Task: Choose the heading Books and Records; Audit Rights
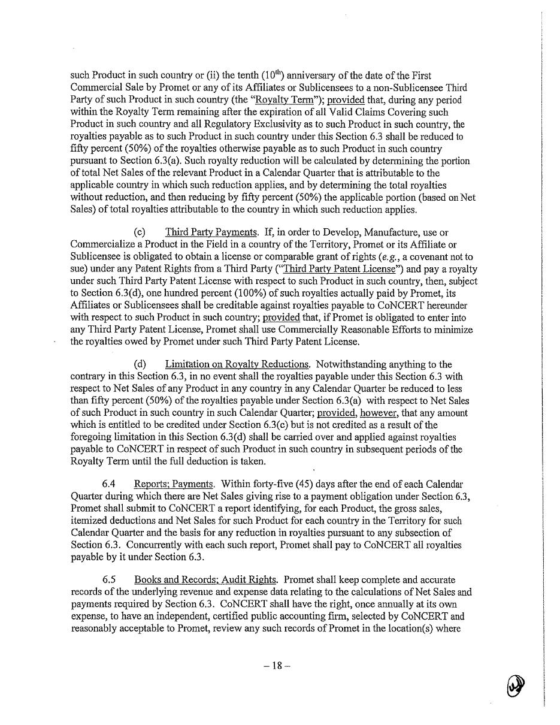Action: coord(205,579)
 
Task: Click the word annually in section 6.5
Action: coord(259,604)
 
